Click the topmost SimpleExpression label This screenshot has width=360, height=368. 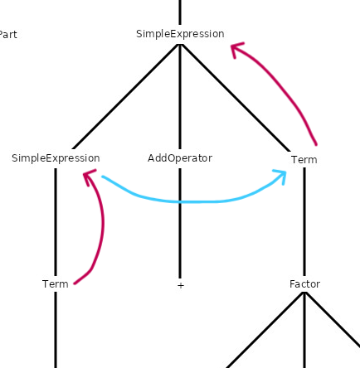(180, 34)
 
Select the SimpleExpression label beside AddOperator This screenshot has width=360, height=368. (56, 158)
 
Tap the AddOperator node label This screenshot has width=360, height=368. (180, 158)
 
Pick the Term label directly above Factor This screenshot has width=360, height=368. (304, 160)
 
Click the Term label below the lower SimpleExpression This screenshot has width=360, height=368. (56, 284)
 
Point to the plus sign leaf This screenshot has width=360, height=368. (180, 285)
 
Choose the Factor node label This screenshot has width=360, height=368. (305, 284)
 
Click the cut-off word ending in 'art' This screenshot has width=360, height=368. (8, 35)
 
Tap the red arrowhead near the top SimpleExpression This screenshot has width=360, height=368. (236, 49)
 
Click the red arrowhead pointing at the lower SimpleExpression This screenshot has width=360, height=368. (89, 177)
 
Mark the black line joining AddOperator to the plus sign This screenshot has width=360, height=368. (180, 223)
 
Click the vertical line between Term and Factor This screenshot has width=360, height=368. (304, 222)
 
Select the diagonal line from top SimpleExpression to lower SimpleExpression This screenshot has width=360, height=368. (126, 97)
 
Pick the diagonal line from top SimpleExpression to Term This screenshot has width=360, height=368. (236, 98)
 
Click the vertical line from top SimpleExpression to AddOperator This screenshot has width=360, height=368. (180, 97)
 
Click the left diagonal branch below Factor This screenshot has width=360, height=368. (265, 331)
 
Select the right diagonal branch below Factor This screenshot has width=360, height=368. (333, 320)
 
